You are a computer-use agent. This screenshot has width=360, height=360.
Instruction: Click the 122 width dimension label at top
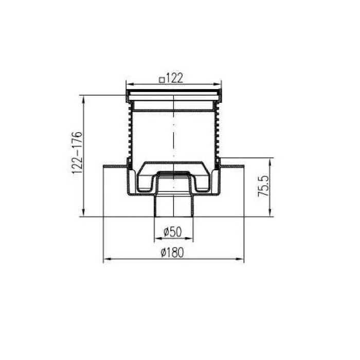[174, 78]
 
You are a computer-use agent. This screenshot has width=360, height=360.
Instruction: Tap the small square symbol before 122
[162, 80]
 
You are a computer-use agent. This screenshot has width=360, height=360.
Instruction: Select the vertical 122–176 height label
[77, 153]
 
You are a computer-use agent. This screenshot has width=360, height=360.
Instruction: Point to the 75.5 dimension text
[263, 186]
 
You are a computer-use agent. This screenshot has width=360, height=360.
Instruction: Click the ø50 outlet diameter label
[173, 231]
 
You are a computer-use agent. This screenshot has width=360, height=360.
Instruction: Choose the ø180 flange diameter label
[172, 253]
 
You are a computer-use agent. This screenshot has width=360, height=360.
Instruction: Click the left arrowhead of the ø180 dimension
[107, 259]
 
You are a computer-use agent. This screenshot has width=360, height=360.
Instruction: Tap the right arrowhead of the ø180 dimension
[240, 259]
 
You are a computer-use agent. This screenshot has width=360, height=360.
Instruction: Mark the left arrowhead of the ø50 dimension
[158, 238]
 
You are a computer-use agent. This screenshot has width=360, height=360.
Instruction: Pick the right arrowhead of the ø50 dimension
[189, 238]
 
